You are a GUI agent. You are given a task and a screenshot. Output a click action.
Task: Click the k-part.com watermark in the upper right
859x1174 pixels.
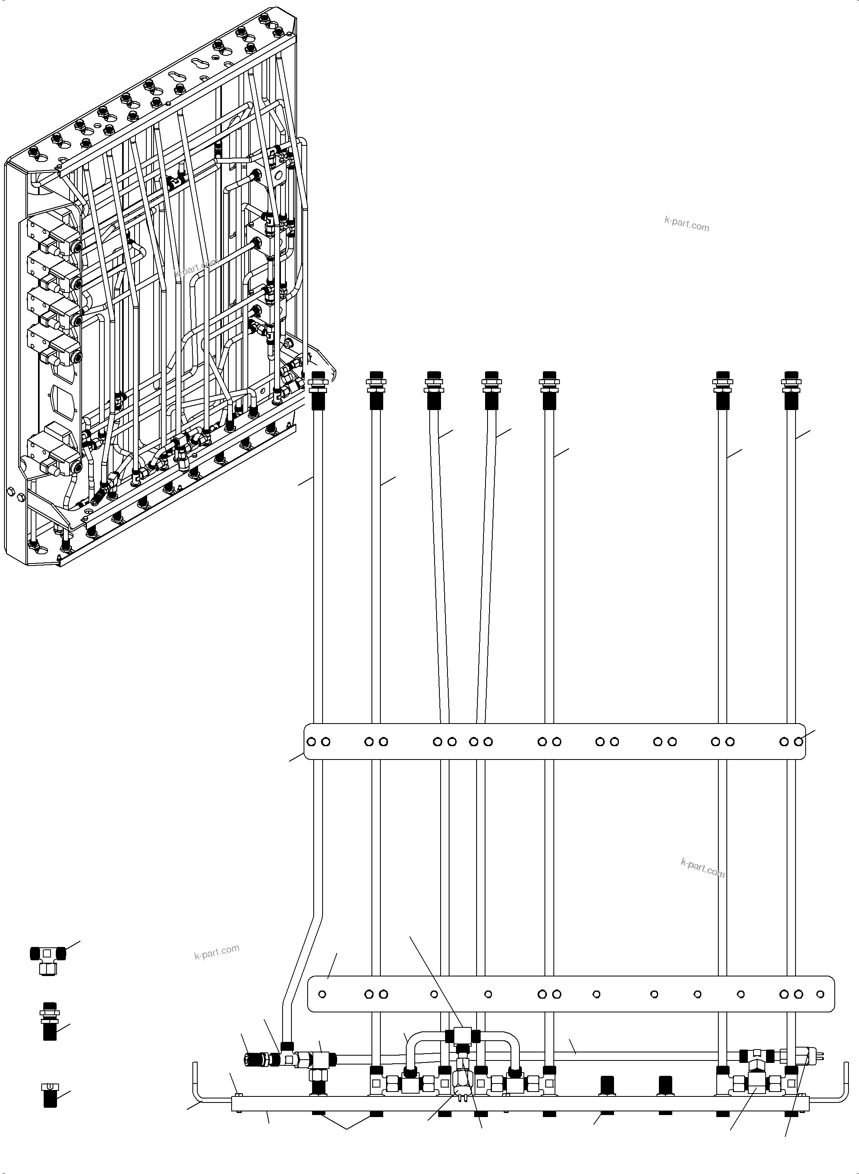tap(686, 223)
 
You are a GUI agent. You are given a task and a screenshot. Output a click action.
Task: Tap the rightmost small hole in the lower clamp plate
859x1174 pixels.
tap(820, 994)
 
